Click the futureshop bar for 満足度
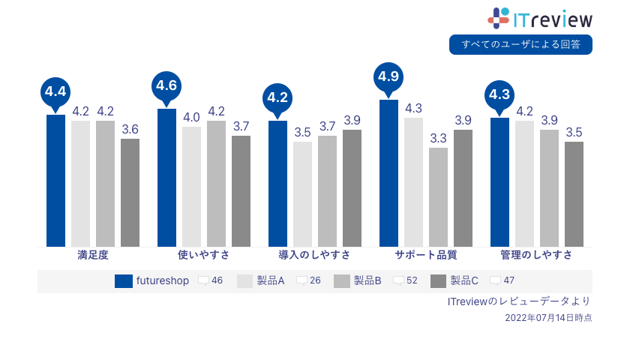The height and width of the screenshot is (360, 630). [x=55, y=180]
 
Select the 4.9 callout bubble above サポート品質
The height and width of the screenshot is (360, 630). [x=388, y=76]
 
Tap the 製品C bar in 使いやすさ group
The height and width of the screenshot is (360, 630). [x=241, y=190]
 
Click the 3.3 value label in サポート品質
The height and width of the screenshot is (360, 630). [x=438, y=138]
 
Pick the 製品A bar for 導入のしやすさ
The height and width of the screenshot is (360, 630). [x=302, y=193]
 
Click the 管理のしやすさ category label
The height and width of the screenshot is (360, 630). [x=536, y=255]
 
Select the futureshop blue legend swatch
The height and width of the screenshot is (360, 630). [x=124, y=281]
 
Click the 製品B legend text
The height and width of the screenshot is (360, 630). [x=367, y=280]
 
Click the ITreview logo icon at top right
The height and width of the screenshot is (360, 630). [x=499, y=18]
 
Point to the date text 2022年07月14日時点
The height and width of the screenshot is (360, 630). [x=548, y=318]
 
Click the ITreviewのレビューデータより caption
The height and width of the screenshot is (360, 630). [x=519, y=301]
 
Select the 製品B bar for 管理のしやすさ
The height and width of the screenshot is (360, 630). [x=549, y=187]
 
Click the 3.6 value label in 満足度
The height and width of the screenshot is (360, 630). [x=130, y=129]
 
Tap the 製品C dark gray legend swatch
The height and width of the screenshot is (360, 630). [x=439, y=281]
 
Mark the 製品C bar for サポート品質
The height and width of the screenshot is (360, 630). [x=463, y=187]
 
